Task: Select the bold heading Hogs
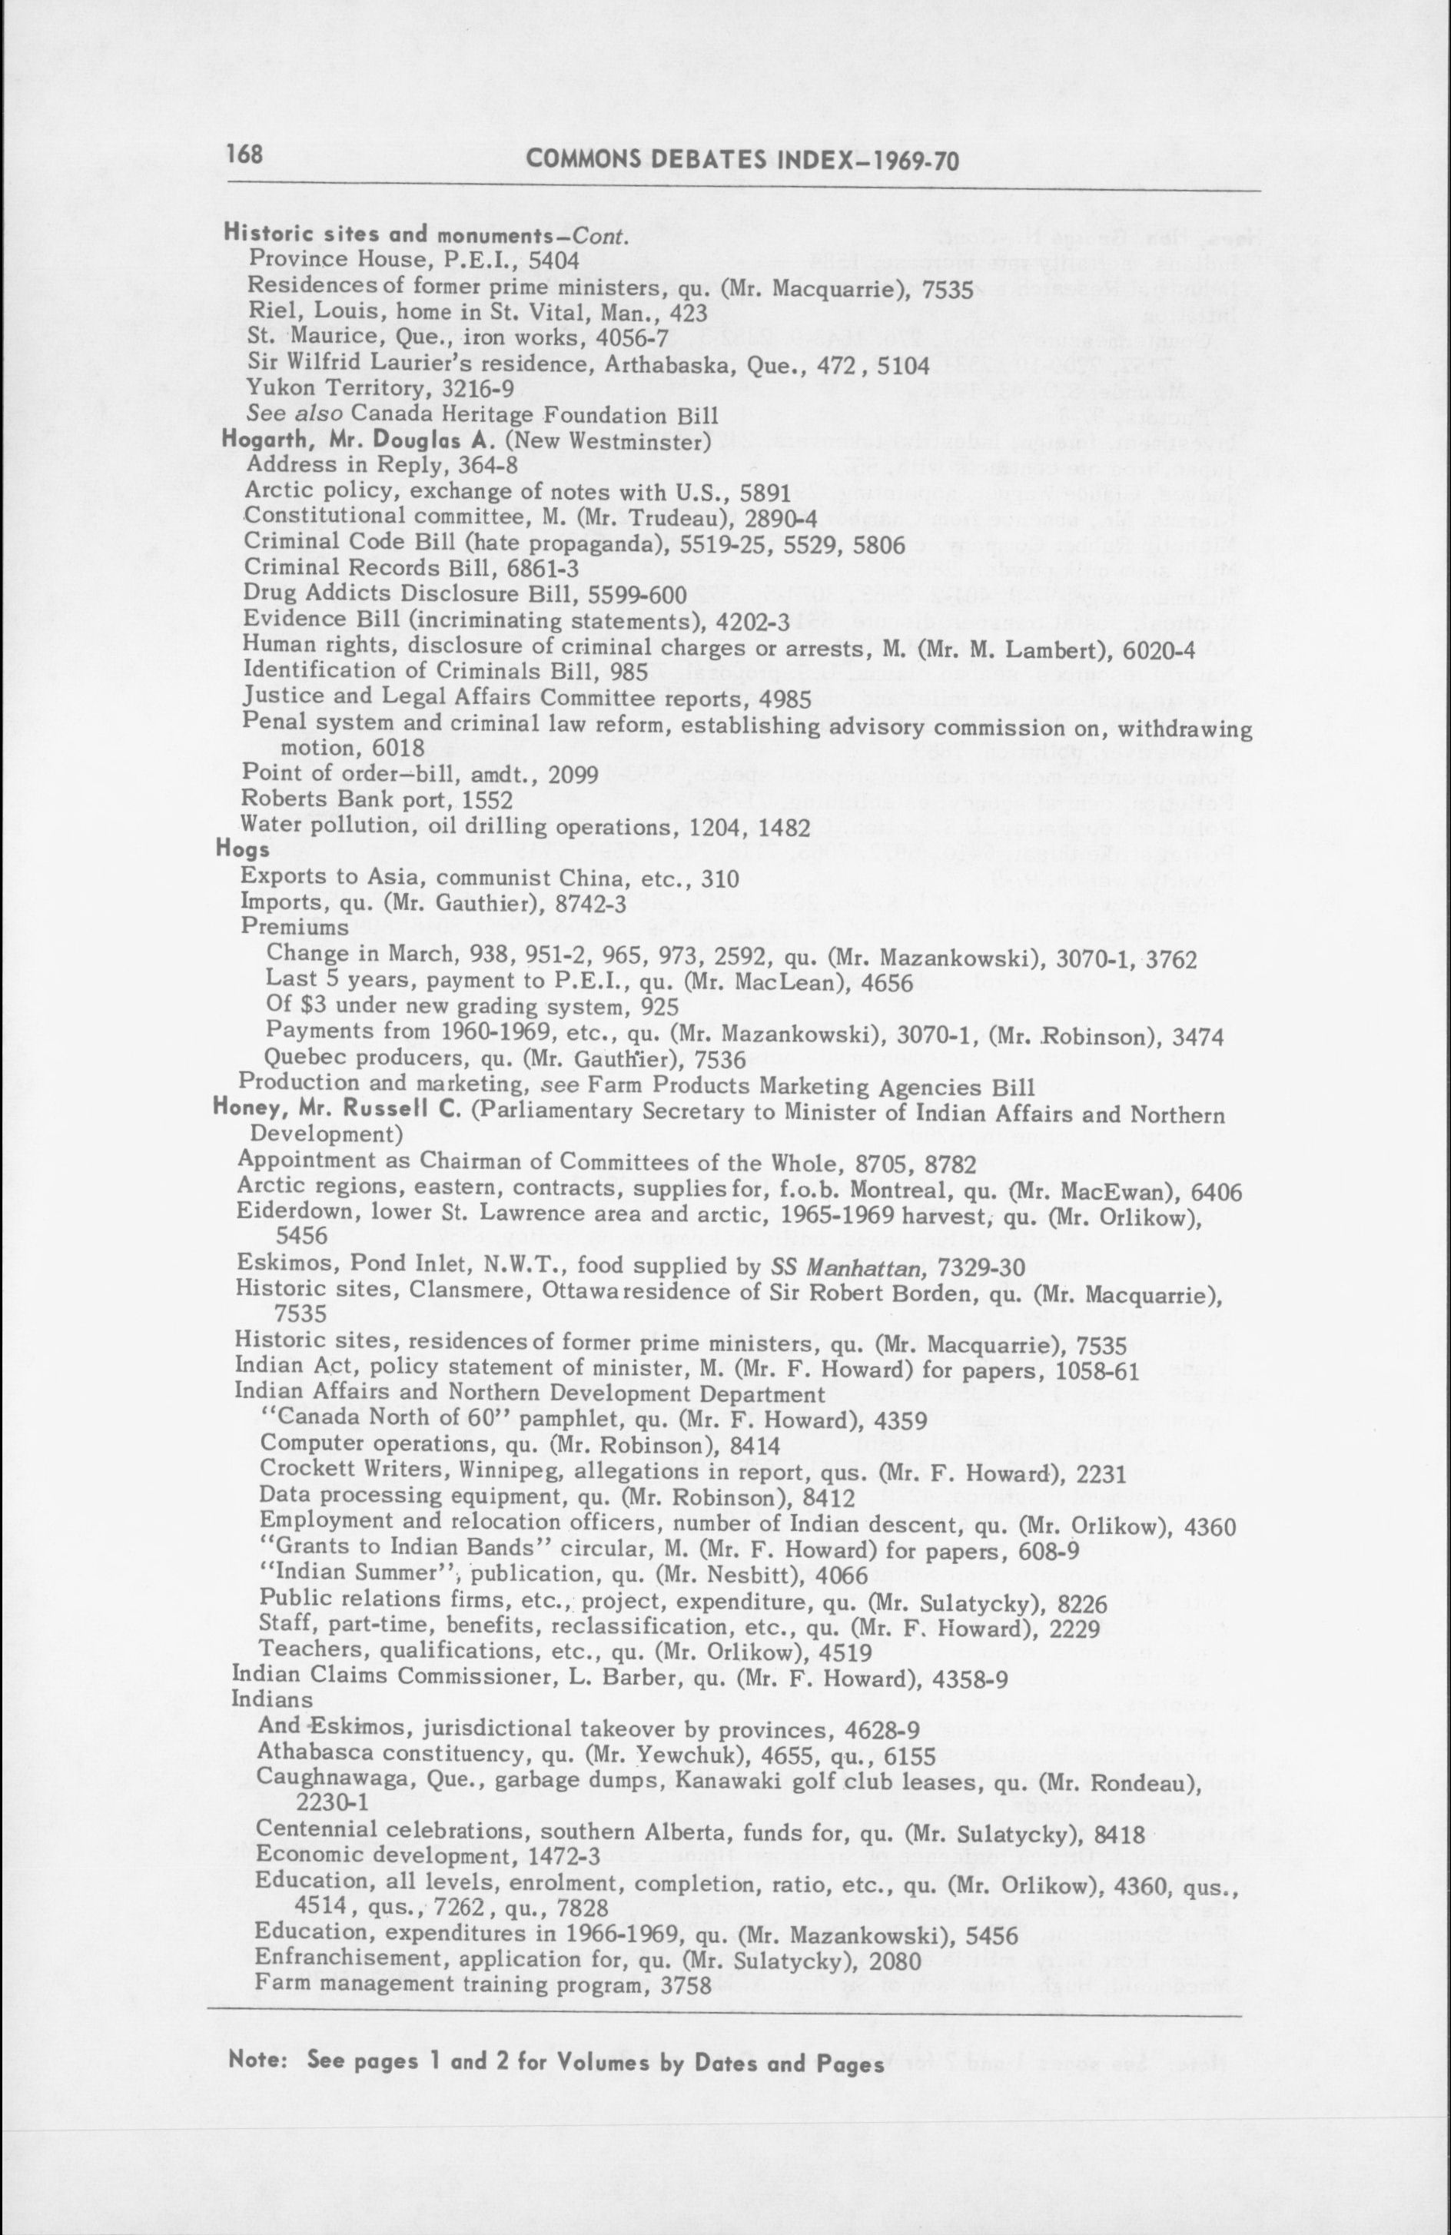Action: [x=242, y=850]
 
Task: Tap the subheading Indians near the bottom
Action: [x=271, y=1700]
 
